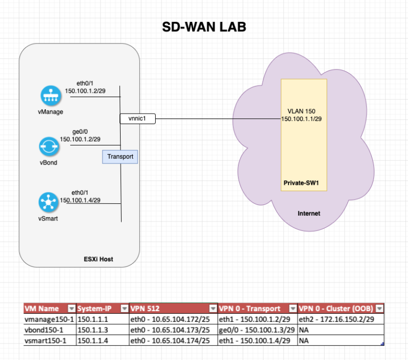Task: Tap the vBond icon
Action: point(50,146)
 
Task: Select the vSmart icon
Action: point(50,202)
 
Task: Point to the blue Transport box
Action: point(120,157)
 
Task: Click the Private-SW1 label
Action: point(301,183)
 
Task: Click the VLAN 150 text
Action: point(301,111)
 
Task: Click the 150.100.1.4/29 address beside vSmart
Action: point(81,200)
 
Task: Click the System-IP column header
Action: point(96,308)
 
